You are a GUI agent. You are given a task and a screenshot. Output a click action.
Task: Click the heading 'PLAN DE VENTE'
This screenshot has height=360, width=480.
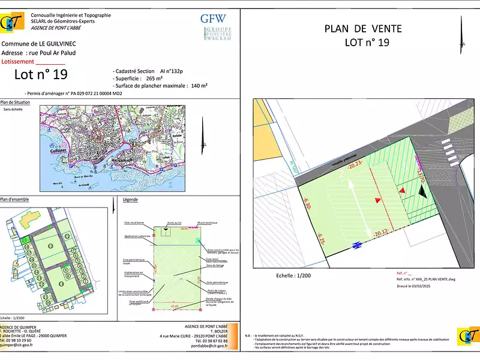coord(363,28)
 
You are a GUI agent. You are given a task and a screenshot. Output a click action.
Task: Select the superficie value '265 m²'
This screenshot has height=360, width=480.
coord(154,79)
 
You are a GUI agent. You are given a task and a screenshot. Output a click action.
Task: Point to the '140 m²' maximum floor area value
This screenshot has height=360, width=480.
coord(199,86)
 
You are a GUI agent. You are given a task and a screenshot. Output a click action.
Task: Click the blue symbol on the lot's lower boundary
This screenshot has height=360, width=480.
coord(357,244)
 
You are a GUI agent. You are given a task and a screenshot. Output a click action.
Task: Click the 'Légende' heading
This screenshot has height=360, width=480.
coord(130,199)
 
